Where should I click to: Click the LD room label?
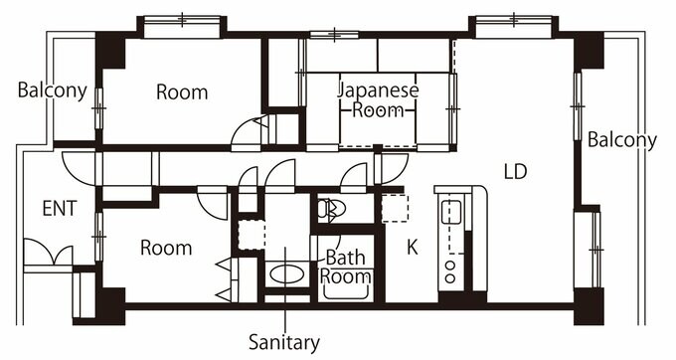coord(514,171)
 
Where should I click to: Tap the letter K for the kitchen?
coord(412,248)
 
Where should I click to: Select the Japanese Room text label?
coord(378,99)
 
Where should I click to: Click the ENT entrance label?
coord(61,209)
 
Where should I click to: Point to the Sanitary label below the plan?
coord(284,343)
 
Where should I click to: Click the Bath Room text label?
coord(347,267)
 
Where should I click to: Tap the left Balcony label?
coord(53,90)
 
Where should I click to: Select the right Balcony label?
coord(621,140)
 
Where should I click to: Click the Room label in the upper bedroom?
coord(182,92)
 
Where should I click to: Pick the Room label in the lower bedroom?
coord(165,248)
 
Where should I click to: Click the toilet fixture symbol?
coord(330,210)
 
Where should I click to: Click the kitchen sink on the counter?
coord(451,212)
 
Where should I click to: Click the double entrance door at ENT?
coord(48,256)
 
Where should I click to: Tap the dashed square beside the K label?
coord(395,208)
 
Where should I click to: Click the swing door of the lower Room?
coord(212,202)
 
